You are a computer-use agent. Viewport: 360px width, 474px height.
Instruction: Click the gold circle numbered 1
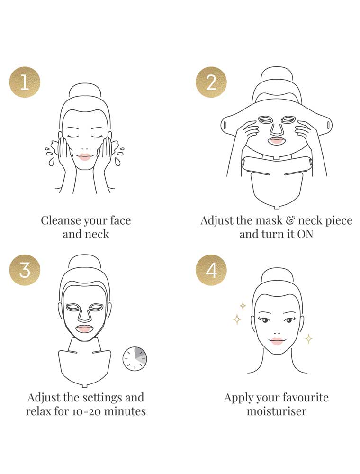point(25,82)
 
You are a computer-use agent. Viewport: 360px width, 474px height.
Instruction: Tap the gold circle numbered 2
point(211,82)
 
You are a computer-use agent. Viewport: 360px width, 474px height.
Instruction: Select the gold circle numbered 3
point(25,270)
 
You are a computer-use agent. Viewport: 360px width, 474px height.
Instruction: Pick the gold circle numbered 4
point(211,270)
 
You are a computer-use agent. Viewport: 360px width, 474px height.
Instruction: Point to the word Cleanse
point(61,220)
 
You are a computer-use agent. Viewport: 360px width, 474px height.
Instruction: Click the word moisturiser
point(276,411)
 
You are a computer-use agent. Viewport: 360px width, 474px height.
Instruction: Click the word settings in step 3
point(102,398)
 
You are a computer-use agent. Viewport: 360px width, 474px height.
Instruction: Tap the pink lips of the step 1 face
point(85,157)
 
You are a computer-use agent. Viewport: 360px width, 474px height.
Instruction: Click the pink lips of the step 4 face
point(277,341)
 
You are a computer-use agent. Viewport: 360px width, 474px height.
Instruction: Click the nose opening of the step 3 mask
point(85,315)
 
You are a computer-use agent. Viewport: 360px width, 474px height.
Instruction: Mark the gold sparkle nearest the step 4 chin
point(309,338)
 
